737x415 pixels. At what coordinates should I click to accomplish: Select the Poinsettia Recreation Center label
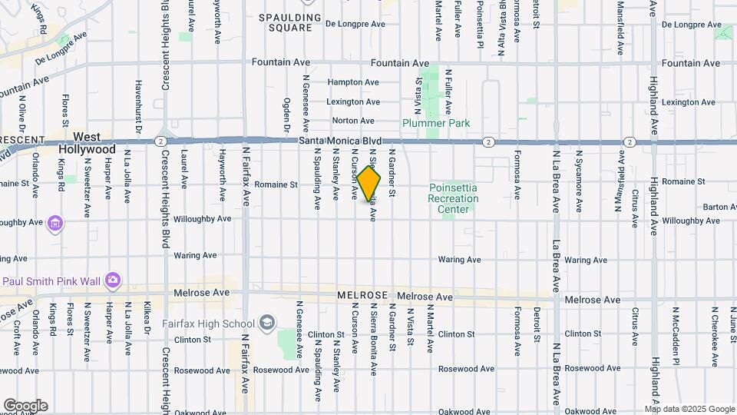click(x=453, y=199)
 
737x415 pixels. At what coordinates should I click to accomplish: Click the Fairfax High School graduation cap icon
click(x=267, y=321)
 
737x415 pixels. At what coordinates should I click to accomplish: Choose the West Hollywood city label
click(x=94, y=143)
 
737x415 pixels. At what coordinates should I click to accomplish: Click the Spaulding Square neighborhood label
click(x=285, y=22)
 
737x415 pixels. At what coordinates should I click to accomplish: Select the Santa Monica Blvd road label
click(x=340, y=141)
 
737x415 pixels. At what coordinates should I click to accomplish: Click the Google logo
click(x=25, y=406)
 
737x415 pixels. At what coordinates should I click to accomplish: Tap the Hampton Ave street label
click(x=353, y=82)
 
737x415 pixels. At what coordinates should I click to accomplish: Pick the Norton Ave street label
click(x=353, y=121)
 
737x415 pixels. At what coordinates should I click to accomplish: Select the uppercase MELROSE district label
click(x=364, y=296)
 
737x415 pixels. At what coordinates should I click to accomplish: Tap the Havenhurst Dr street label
click(x=139, y=108)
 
